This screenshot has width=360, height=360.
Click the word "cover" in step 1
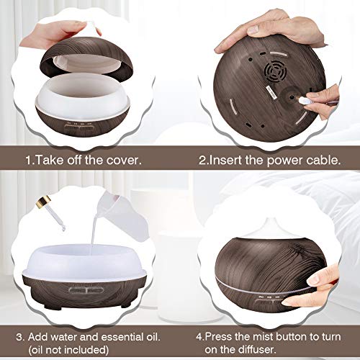(124, 160)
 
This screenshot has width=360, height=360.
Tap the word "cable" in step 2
(323, 160)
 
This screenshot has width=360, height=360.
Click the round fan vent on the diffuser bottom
(276, 71)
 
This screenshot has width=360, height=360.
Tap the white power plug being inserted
(305, 100)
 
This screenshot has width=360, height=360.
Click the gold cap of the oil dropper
(44, 201)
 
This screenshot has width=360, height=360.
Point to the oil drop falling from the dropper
(63, 229)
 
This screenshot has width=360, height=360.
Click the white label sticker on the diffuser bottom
(271, 91)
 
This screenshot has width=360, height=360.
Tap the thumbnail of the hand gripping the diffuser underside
(253, 30)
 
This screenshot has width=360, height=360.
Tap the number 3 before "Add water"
(19, 337)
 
